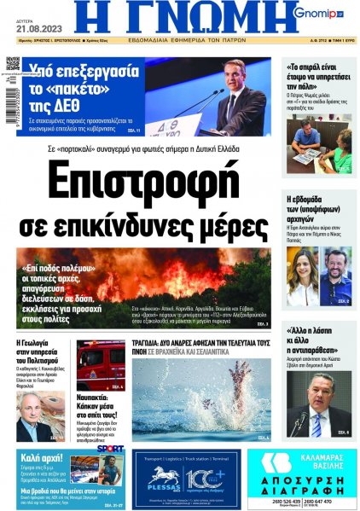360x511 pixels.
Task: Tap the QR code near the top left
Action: click(x=13, y=64)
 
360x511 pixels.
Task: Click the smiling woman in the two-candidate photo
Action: click(x=302, y=264)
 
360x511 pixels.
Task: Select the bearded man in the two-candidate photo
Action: click(x=335, y=267)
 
